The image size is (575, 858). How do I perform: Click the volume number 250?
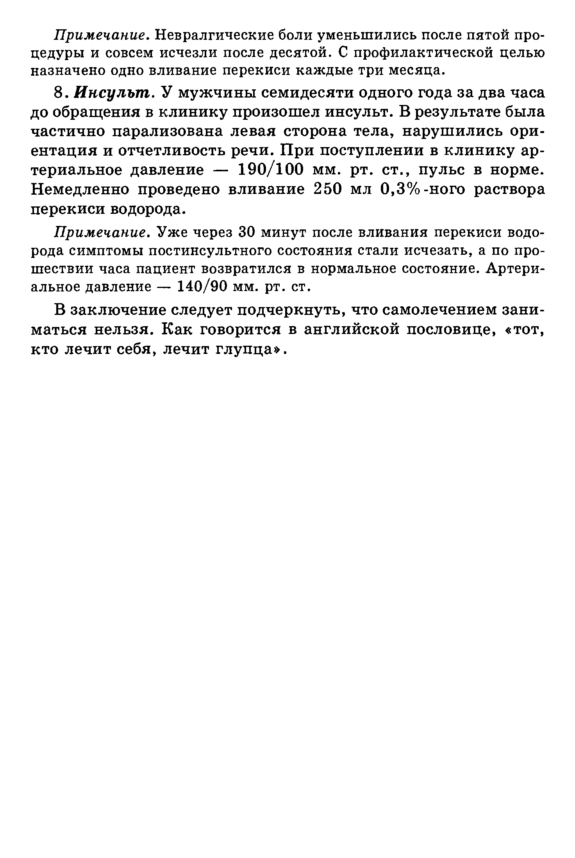click(x=329, y=189)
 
